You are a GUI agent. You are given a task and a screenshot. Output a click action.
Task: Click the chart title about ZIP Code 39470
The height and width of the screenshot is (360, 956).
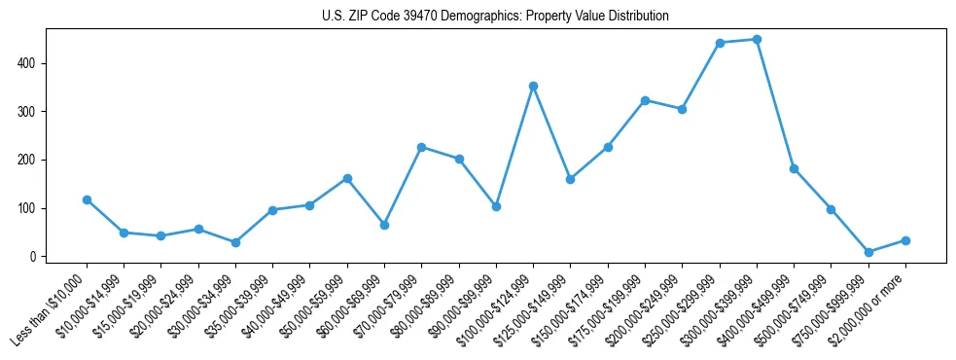click(495, 16)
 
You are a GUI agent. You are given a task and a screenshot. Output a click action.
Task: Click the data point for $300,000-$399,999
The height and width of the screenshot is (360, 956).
click(757, 40)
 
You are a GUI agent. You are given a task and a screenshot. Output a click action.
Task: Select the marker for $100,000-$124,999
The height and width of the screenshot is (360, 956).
click(533, 86)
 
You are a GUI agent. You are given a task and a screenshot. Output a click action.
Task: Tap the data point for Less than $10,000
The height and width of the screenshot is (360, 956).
click(87, 199)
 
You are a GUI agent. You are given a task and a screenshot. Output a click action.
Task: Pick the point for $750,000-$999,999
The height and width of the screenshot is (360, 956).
click(868, 252)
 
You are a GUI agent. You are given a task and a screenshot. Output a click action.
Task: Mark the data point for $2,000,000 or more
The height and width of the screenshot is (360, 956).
click(905, 240)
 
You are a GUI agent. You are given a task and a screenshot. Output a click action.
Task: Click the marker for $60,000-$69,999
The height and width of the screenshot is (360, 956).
click(384, 225)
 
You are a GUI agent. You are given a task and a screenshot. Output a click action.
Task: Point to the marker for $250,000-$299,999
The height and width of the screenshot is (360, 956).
click(720, 43)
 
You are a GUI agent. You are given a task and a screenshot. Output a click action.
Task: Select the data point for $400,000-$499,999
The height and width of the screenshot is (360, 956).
click(794, 168)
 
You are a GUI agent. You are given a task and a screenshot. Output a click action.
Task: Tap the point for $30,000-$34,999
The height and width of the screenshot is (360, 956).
click(235, 242)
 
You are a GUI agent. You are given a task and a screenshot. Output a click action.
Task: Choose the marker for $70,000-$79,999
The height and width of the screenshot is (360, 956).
click(421, 147)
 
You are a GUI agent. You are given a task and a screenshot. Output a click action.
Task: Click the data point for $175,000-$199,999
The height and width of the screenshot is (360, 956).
click(645, 100)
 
